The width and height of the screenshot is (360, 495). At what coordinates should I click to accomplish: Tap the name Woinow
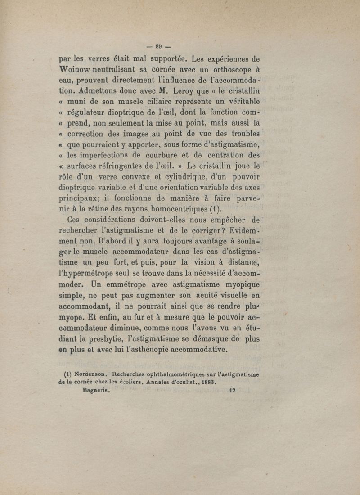pyautogui.click(x=79, y=70)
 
